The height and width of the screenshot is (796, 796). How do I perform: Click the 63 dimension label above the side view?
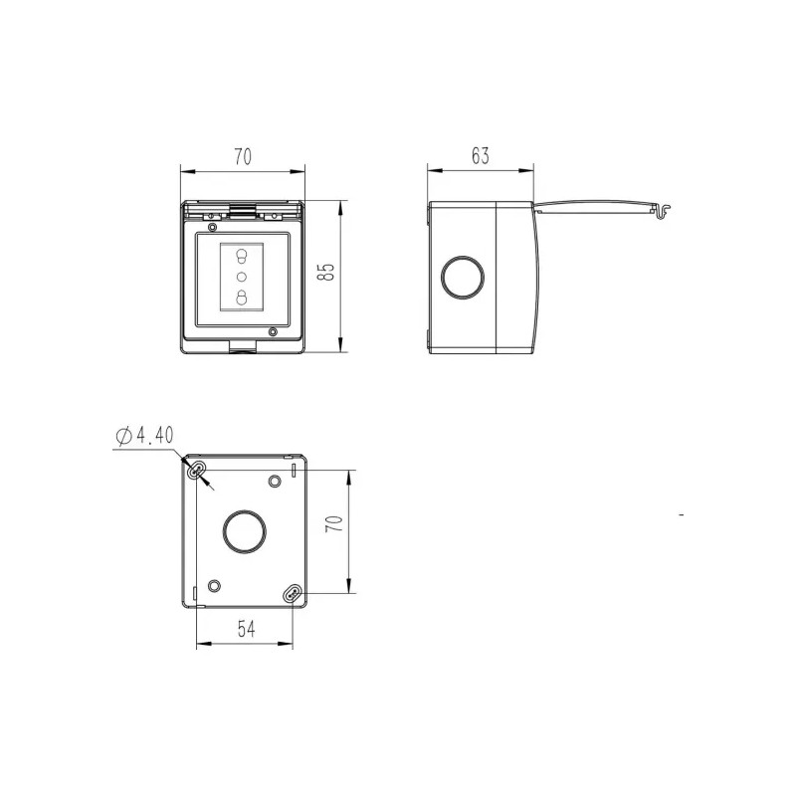[480, 156]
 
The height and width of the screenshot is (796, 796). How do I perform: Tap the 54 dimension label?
[246, 629]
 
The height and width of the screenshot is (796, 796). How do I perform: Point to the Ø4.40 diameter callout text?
[144, 435]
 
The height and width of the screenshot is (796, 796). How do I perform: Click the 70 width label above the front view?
[243, 157]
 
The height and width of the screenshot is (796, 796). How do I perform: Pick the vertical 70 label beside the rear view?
[334, 523]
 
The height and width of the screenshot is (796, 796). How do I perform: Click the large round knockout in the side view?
[462, 278]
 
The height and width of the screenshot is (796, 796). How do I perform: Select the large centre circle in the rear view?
[244, 531]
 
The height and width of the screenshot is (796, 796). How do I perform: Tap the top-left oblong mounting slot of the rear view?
[196, 471]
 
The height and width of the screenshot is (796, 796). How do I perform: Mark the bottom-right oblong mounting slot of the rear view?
[293, 593]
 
